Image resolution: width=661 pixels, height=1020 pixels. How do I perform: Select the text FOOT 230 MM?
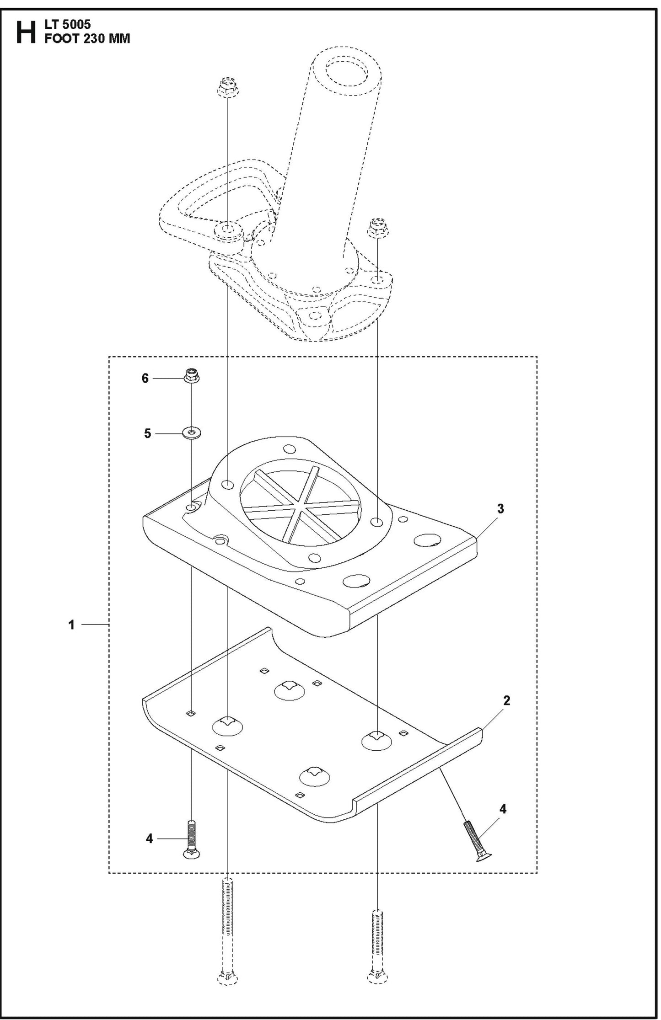[x=87, y=39]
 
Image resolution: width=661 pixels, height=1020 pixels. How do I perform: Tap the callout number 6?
[x=145, y=378]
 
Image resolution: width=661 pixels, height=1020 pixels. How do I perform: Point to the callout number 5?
[x=147, y=433]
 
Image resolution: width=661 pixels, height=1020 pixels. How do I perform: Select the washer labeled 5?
[x=192, y=432]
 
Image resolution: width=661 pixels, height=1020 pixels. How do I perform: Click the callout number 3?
[x=500, y=508]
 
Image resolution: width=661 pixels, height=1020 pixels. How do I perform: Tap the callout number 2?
[x=506, y=700]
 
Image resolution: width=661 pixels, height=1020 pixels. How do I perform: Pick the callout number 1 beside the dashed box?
[x=71, y=624]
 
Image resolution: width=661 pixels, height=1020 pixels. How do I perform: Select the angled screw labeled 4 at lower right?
[x=474, y=841]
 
